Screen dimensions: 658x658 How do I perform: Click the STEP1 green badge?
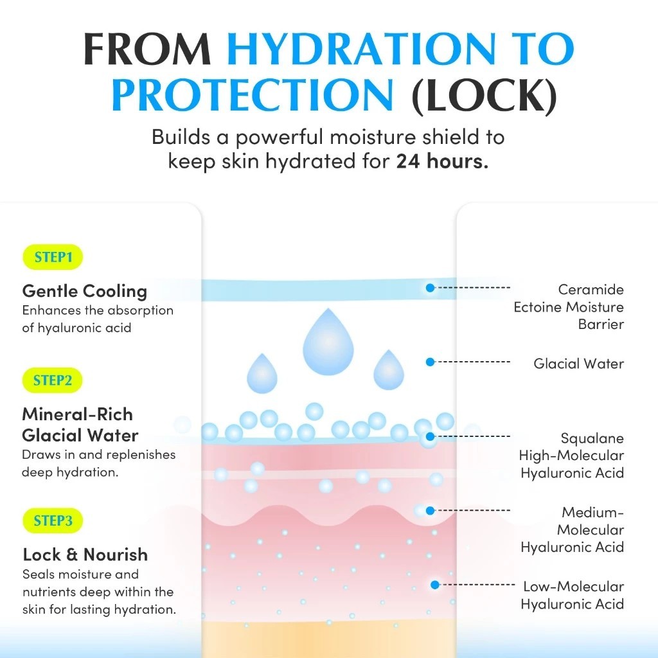point(53,258)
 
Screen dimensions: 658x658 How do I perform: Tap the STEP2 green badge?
point(53,380)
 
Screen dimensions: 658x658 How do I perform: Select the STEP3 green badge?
point(53,520)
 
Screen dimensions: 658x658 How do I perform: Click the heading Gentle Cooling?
point(84,291)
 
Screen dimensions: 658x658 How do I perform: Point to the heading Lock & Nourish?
point(85,555)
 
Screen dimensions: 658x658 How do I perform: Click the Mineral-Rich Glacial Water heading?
point(80,425)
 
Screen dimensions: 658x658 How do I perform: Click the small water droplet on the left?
point(262,373)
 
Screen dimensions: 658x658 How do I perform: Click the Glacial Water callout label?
point(578,364)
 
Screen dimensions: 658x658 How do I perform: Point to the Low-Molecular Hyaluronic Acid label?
point(573,595)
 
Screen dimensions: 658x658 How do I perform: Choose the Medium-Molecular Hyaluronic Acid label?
point(573,530)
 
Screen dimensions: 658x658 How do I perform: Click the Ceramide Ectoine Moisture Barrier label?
point(569,307)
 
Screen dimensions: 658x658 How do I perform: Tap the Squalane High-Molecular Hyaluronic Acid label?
point(572,456)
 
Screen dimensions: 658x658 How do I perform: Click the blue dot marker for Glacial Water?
point(430,362)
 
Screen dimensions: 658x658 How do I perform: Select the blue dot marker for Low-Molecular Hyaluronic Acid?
point(435,585)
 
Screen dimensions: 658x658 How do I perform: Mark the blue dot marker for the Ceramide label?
point(430,288)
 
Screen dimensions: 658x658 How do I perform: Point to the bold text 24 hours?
point(442,161)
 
